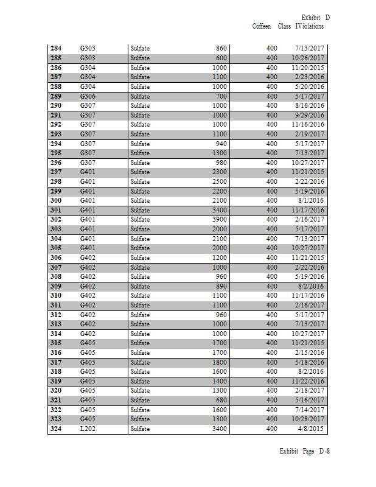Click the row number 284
coord(55,48)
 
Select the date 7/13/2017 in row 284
coord(310,48)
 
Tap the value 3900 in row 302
coord(219,219)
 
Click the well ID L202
coord(88,429)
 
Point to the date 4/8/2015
coord(313,429)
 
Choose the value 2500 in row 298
coord(219,181)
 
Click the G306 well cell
coord(88,96)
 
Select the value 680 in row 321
coord(221,400)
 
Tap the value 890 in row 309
coord(221,286)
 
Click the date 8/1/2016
coord(313,200)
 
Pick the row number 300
coord(55,200)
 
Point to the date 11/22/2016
coord(308,381)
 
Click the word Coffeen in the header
coord(261,26)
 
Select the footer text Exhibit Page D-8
coord(304,451)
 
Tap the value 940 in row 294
coord(221,144)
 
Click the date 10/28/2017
coord(308,419)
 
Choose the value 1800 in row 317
coord(219,362)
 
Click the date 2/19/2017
coord(310,134)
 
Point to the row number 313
coord(55,324)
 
